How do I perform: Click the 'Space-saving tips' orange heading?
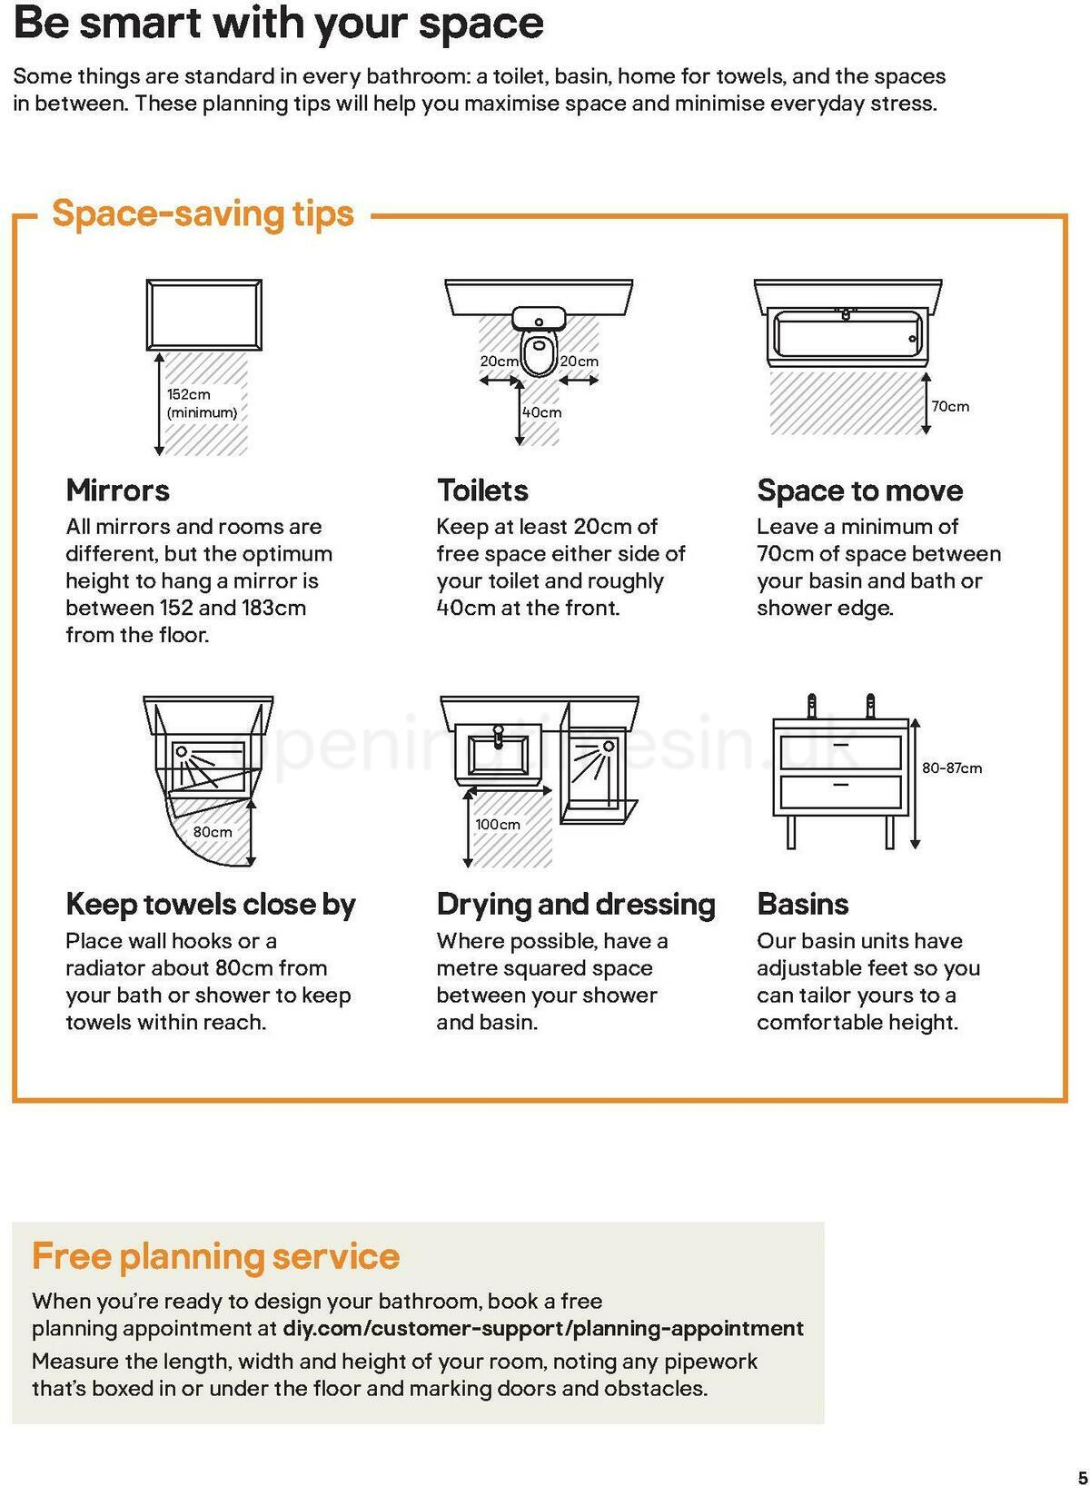pos(203,214)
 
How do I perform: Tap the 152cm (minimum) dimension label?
pos(201,403)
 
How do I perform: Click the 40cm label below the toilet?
pos(542,412)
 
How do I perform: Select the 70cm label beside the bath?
pos(950,406)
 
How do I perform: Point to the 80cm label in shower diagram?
pos(212,831)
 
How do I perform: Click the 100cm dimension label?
pos(498,824)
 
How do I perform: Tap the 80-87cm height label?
pos(951,768)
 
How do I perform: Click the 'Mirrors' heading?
pos(117,490)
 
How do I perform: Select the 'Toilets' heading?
pos(482,490)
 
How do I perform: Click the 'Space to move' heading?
pos(859,490)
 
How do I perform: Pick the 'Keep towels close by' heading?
pos(211,904)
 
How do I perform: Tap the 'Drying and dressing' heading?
pos(576,904)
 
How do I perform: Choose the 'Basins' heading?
pos(802,904)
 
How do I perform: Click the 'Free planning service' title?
pos(215,1256)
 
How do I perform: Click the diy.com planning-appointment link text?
pos(543,1328)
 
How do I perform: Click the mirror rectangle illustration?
pos(204,315)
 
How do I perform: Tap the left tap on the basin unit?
pos(812,706)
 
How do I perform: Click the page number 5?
pos(1081,1476)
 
